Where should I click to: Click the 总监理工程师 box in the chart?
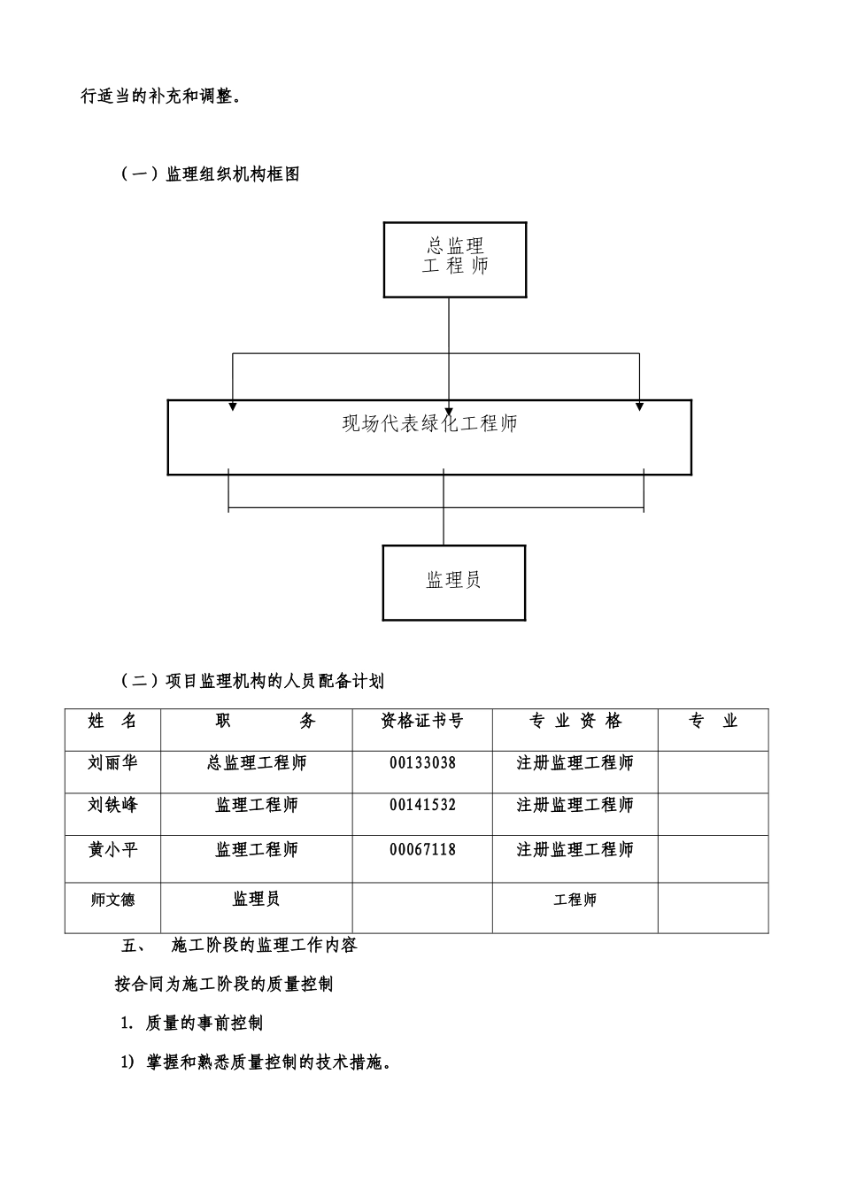click(x=455, y=259)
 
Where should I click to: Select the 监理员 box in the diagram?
click(x=454, y=583)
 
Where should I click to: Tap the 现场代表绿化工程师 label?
click(x=429, y=423)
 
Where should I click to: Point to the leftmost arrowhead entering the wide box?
click(x=232, y=407)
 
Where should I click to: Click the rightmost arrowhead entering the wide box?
click(x=640, y=407)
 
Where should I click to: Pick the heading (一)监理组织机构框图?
click(x=211, y=174)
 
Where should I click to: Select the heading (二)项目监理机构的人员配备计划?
click(x=252, y=681)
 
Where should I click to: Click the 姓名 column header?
click(x=112, y=721)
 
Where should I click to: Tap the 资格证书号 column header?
click(x=422, y=721)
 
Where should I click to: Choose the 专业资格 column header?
click(x=575, y=721)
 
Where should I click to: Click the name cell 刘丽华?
click(x=112, y=762)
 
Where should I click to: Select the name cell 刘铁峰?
click(x=112, y=804)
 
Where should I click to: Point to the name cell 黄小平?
click(x=112, y=849)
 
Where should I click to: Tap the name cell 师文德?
click(x=112, y=900)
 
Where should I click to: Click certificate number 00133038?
click(x=422, y=763)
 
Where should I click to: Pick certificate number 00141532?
click(x=422, y=805)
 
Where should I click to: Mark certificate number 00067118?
click(x=422, y=849)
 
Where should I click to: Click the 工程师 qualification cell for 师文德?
click(x=575, y=900)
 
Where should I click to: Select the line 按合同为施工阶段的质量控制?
click(x=224, y=984)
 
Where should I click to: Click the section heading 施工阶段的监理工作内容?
click(x=264, y=945)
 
